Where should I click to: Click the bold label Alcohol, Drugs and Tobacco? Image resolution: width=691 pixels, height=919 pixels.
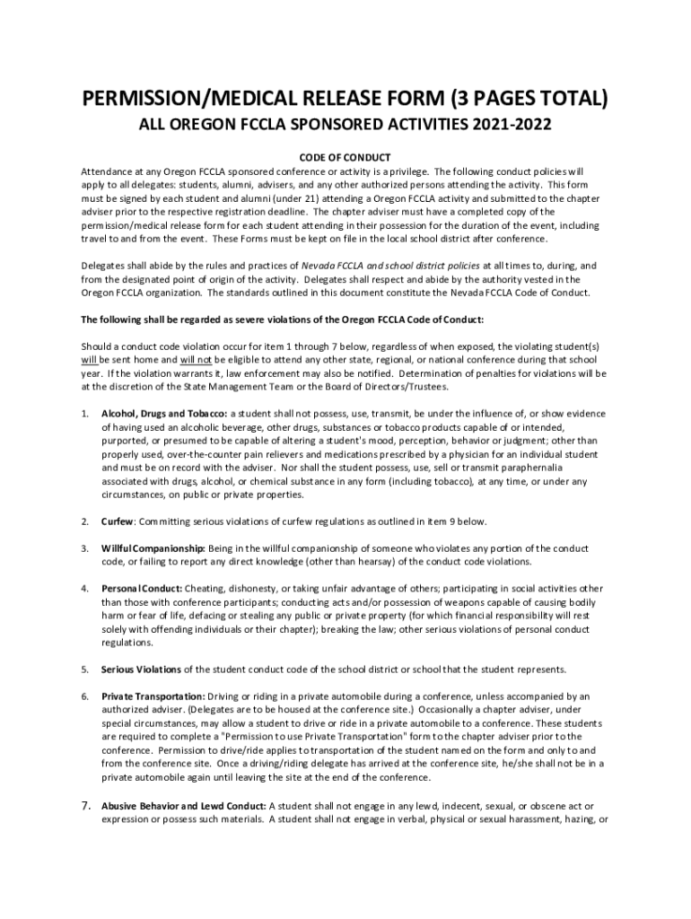165,413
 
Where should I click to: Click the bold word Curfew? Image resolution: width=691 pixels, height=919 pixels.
118,521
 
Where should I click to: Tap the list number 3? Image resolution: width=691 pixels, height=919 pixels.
84,547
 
